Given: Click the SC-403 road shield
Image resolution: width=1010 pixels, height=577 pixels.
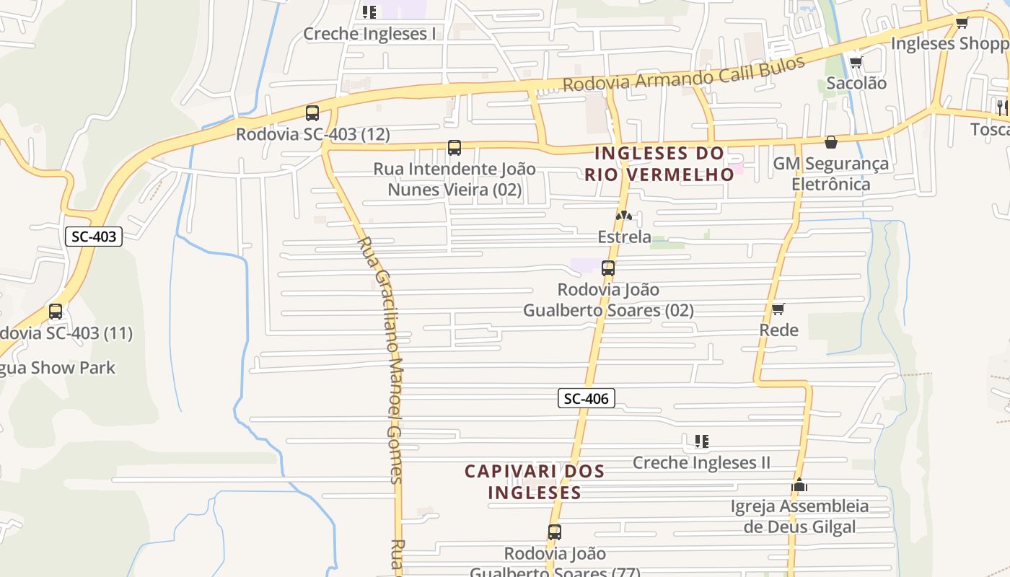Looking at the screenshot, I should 94,236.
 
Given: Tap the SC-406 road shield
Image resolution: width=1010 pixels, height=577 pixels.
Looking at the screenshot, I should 586,398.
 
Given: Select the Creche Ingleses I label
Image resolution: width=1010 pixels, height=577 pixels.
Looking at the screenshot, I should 369,34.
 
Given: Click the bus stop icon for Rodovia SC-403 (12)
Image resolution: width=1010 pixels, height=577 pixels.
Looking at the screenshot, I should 312,113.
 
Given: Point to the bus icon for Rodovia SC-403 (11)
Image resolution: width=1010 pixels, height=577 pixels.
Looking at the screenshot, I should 56,312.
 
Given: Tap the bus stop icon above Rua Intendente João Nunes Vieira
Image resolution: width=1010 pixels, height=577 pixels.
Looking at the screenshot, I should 454,148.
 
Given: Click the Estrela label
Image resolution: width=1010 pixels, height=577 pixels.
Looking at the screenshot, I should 624,237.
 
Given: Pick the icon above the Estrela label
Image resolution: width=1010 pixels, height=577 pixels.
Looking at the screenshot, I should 624,216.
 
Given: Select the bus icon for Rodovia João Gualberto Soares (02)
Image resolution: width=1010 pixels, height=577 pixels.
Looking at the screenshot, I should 608,268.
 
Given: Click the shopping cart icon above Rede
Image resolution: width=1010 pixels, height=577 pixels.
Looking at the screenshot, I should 778,309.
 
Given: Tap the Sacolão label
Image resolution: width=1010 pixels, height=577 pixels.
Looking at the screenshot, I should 856,83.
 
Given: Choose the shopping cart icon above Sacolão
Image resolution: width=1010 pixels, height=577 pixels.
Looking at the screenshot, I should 856,62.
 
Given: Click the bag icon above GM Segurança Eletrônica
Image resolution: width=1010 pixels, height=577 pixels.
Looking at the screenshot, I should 831,142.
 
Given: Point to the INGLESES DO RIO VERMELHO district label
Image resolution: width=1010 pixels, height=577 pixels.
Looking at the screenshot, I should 659,164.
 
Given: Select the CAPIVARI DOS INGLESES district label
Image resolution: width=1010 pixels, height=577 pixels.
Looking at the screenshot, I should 535,482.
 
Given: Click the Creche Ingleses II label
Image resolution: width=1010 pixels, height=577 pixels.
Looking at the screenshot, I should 701,462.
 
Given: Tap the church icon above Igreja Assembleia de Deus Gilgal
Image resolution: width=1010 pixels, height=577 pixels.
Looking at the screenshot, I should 799,485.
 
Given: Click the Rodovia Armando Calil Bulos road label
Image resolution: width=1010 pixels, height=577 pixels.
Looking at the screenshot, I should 683,75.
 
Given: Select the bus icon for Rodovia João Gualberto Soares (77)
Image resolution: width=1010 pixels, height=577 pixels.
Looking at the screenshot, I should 555,532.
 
